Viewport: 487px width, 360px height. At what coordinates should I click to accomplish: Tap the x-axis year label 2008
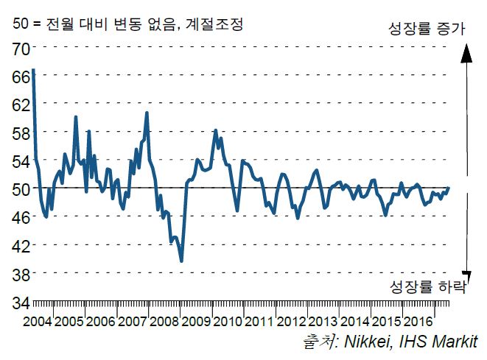coord(164,322)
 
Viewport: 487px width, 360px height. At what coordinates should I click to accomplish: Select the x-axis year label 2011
coord(259,322)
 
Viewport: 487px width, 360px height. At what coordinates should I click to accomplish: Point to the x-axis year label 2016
coord(417,322)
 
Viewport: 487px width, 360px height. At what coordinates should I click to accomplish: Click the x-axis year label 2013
coord(322,322)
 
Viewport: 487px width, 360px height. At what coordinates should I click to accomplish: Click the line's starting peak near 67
coord(34,70)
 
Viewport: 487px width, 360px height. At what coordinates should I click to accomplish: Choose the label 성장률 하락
coord(427,287)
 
